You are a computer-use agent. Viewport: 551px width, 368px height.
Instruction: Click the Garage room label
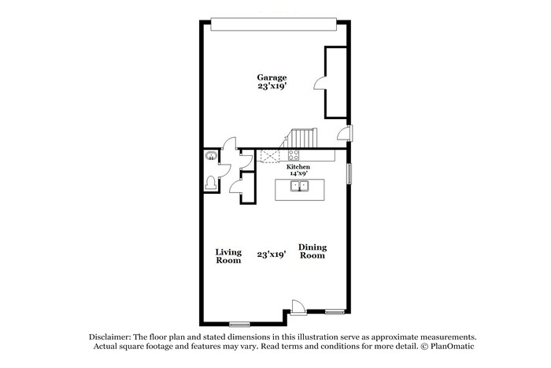pyautogui.click(x=271, y=77)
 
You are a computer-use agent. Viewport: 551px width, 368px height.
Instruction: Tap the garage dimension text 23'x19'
pyautogui.click(x=271, y=87)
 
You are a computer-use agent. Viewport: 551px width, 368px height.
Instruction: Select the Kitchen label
pyautogui.click(x=298, y=167)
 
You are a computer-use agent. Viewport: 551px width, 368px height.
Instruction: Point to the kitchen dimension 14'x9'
pyautogui.click(x=298, y=174)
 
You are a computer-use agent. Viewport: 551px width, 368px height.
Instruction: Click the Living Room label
pyautogui.click(x=228, y=256)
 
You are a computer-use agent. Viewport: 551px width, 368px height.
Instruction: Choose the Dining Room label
pyautogui.click(x=312, y=251)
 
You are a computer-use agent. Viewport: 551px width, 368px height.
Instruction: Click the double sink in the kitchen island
pyautogui.click(x=299, y=187)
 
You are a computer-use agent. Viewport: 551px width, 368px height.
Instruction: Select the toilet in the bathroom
pyautogui.click(x=209, y=183)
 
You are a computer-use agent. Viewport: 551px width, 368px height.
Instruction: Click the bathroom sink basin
pyautogui.click(x=210, y=156)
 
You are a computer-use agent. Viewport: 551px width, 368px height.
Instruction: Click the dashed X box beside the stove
pyautogui.click(x=272, y=156)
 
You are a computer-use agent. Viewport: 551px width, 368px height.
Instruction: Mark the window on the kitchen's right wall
pyautogui.click(x=350, y=173)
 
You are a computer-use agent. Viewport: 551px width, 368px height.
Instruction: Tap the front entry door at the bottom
pyautogui.click(x=297, y=307)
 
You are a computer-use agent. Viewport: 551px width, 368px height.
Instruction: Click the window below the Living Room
pyautogui.click(x=239, y=324)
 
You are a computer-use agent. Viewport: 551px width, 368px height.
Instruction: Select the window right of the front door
pyautogui.click(x=335, y=312)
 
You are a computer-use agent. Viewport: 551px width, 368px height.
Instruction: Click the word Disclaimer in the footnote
pyautogui.click(x=109, y=336)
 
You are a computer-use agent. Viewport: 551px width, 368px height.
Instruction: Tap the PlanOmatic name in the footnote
pyautogui.click(x=449, y=347)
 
